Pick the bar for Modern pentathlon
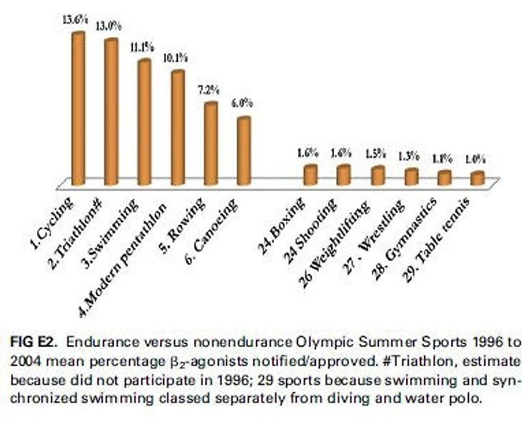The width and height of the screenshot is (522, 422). click(x=177, y=125)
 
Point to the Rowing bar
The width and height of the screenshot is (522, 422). click(x=210, y=141)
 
